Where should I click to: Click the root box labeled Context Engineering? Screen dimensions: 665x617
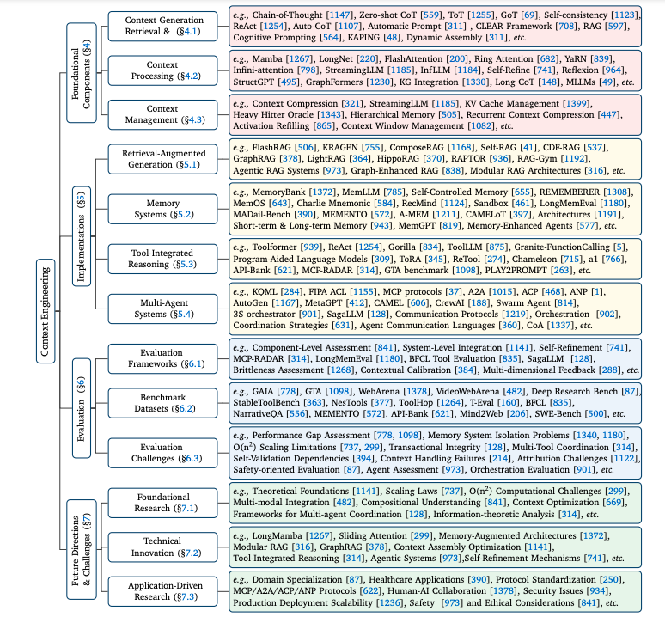[x=46, y=311]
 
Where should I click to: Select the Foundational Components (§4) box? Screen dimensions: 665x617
[x=82, y=73]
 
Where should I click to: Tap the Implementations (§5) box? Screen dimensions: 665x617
[x=82, y=236]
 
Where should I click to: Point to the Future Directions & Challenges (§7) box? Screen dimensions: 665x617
[x=82, y=549]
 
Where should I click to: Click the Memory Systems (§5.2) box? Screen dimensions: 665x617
[x=163, y=209]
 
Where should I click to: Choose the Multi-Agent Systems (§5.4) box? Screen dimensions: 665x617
[x=163, y=308]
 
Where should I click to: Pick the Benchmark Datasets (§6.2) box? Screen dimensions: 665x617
[x=163, y=403]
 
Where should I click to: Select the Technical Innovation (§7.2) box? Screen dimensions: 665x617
[x=163, y=547]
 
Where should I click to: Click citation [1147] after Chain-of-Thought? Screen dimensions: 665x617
[x=339, y=15]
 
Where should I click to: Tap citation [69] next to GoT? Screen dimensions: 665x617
[x=530, y=15]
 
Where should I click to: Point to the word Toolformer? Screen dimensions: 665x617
[x=274, y=247]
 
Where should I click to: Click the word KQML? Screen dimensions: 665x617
[x=265, y=292]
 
